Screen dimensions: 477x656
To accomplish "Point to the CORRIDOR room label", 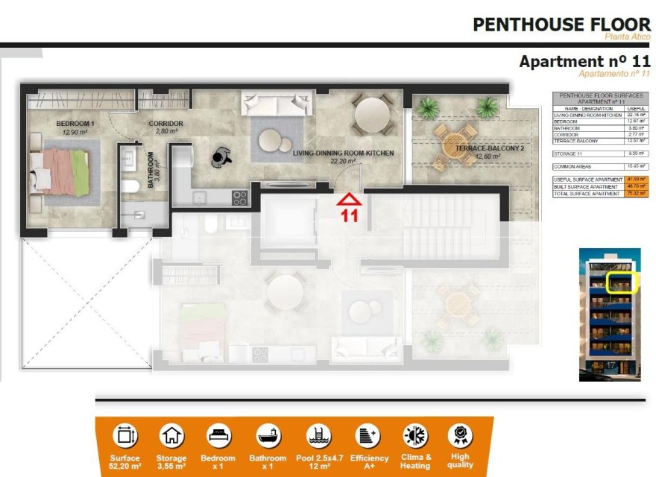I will [x=165, y=124].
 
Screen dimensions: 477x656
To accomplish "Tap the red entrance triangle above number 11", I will [x=350, y=199].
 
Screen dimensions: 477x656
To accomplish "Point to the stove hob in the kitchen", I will [x=240, y=198].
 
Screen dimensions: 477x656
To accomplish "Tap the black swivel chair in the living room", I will [x=222, y=155].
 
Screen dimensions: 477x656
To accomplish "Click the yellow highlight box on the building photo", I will [x=621, y=282].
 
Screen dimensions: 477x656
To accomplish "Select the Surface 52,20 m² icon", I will [x=124, y=436].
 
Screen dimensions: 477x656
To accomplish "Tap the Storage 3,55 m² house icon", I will [x=171, y=436].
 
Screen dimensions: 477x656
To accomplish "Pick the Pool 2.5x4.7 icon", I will [x=316, y=436].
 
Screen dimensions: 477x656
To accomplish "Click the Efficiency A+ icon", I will [x=368, y=436].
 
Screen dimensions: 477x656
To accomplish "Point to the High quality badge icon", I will [x=459, y=435].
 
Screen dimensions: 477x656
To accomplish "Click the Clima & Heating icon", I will [x=414, y=436].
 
